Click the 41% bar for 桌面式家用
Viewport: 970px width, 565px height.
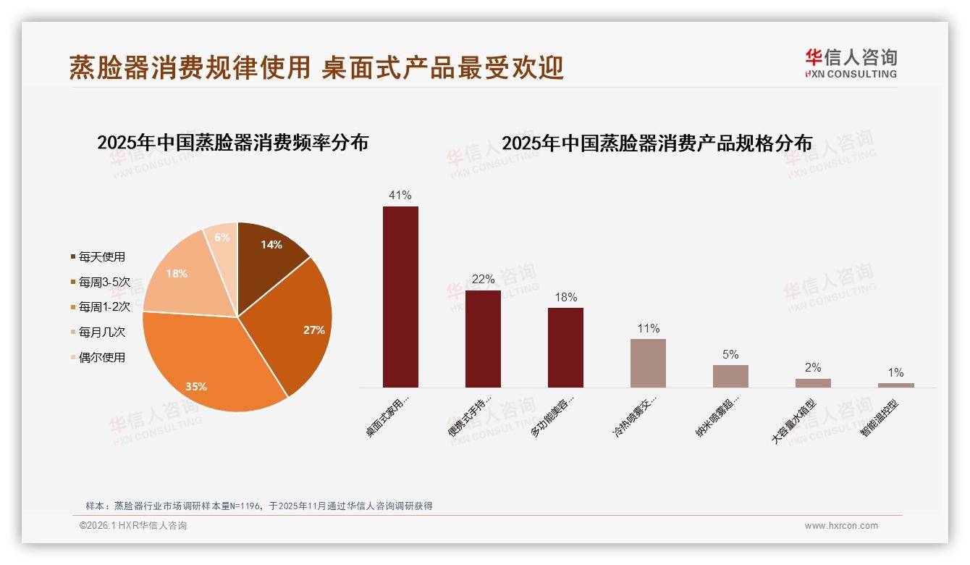point(400,297)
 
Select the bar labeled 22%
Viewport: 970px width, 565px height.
point(483,339)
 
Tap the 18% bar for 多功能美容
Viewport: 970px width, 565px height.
point(565,348)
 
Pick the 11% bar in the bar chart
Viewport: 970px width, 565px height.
point(648,363)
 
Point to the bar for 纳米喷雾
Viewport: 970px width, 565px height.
point(730,376)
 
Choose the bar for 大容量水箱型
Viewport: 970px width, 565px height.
point(813,383)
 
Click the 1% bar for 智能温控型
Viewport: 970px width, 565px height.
point(895,385)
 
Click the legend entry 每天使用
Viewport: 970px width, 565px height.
point(102,257)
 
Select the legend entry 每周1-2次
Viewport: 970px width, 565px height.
point(104,307)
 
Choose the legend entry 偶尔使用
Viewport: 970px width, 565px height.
point(102,357)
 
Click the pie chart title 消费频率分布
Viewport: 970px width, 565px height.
point(232,143)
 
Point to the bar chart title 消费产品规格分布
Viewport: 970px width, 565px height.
point(657,143)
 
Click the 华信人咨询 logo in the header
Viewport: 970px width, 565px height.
point(851,63)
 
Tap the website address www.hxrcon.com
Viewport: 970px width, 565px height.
point(841,526)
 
